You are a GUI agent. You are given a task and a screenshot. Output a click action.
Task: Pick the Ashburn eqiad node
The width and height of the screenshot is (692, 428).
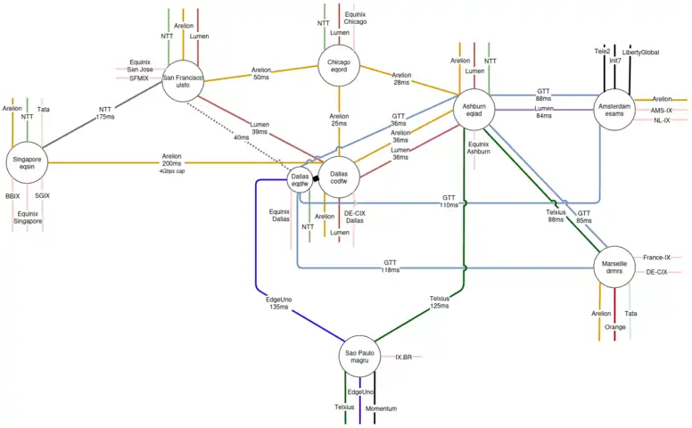474,110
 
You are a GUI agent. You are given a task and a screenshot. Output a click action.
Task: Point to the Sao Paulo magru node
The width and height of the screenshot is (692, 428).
358,358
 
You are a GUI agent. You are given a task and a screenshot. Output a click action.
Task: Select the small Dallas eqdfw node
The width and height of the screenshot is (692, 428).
300,180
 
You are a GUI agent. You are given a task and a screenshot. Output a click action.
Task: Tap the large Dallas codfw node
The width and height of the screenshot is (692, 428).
339,179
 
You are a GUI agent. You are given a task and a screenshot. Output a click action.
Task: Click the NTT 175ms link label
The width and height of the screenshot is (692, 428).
106,113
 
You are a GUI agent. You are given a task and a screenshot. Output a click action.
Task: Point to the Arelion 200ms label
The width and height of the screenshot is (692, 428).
171,160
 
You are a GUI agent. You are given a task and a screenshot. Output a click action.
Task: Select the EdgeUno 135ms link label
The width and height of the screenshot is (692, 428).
279,303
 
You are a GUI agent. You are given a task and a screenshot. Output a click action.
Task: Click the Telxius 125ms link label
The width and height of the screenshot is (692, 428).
440,302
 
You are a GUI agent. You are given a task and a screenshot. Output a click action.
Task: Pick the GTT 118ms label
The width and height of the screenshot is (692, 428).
390,266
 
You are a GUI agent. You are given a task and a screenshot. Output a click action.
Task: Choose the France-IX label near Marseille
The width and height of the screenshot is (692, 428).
656,257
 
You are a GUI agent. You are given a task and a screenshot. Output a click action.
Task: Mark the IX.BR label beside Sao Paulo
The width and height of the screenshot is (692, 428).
403,358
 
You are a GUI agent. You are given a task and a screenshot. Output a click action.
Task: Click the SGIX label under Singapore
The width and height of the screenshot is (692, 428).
43,195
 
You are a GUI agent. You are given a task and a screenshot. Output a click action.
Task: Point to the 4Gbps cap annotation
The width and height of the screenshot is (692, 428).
171,171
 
